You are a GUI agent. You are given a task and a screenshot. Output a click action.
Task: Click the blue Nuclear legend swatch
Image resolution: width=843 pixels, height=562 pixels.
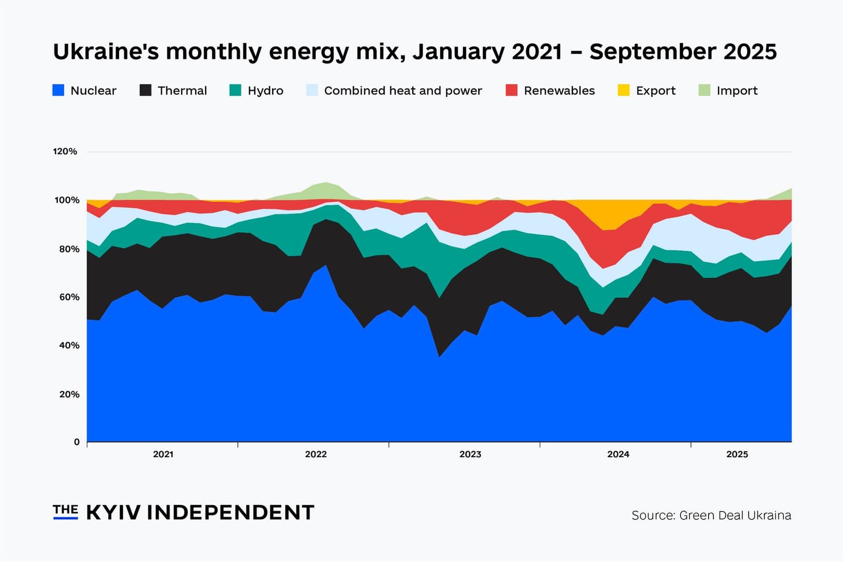point(58,91)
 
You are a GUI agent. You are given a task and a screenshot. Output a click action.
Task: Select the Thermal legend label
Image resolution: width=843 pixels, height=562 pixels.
point(182,91)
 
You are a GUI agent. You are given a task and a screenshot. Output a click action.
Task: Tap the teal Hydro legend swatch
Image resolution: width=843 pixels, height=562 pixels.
point(235,91)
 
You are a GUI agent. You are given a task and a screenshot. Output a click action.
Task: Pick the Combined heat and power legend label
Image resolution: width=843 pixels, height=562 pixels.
point(403,91)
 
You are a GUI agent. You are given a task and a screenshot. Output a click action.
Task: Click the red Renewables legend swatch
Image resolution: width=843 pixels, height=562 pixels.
point(512,91)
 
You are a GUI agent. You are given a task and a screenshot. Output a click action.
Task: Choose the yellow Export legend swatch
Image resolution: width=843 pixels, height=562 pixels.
point(623,91)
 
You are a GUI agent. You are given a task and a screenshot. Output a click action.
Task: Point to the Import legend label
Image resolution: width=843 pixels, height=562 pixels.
point(737,91)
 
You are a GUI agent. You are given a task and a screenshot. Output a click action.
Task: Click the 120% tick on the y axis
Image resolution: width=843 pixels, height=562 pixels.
point(65,151)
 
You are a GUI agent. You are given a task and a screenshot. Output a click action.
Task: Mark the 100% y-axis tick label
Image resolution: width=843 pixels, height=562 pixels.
point(66,200)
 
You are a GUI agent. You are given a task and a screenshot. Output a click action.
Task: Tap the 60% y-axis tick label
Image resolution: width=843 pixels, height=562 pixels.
point(69,297)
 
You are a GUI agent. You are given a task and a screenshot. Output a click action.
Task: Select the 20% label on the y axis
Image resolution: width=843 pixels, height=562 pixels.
point(69,394)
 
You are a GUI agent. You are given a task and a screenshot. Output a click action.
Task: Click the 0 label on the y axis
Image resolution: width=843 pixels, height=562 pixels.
point(77,442)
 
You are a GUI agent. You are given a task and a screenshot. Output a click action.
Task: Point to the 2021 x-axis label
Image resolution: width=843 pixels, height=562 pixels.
point(163,454)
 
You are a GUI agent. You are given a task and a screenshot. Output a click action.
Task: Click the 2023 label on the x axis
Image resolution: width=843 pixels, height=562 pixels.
point(470,454)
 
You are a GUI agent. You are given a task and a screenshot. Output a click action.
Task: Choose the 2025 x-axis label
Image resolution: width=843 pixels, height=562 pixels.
point(737,454)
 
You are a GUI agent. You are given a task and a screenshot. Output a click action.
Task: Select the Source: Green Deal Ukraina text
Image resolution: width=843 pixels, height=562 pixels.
point(711,515)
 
